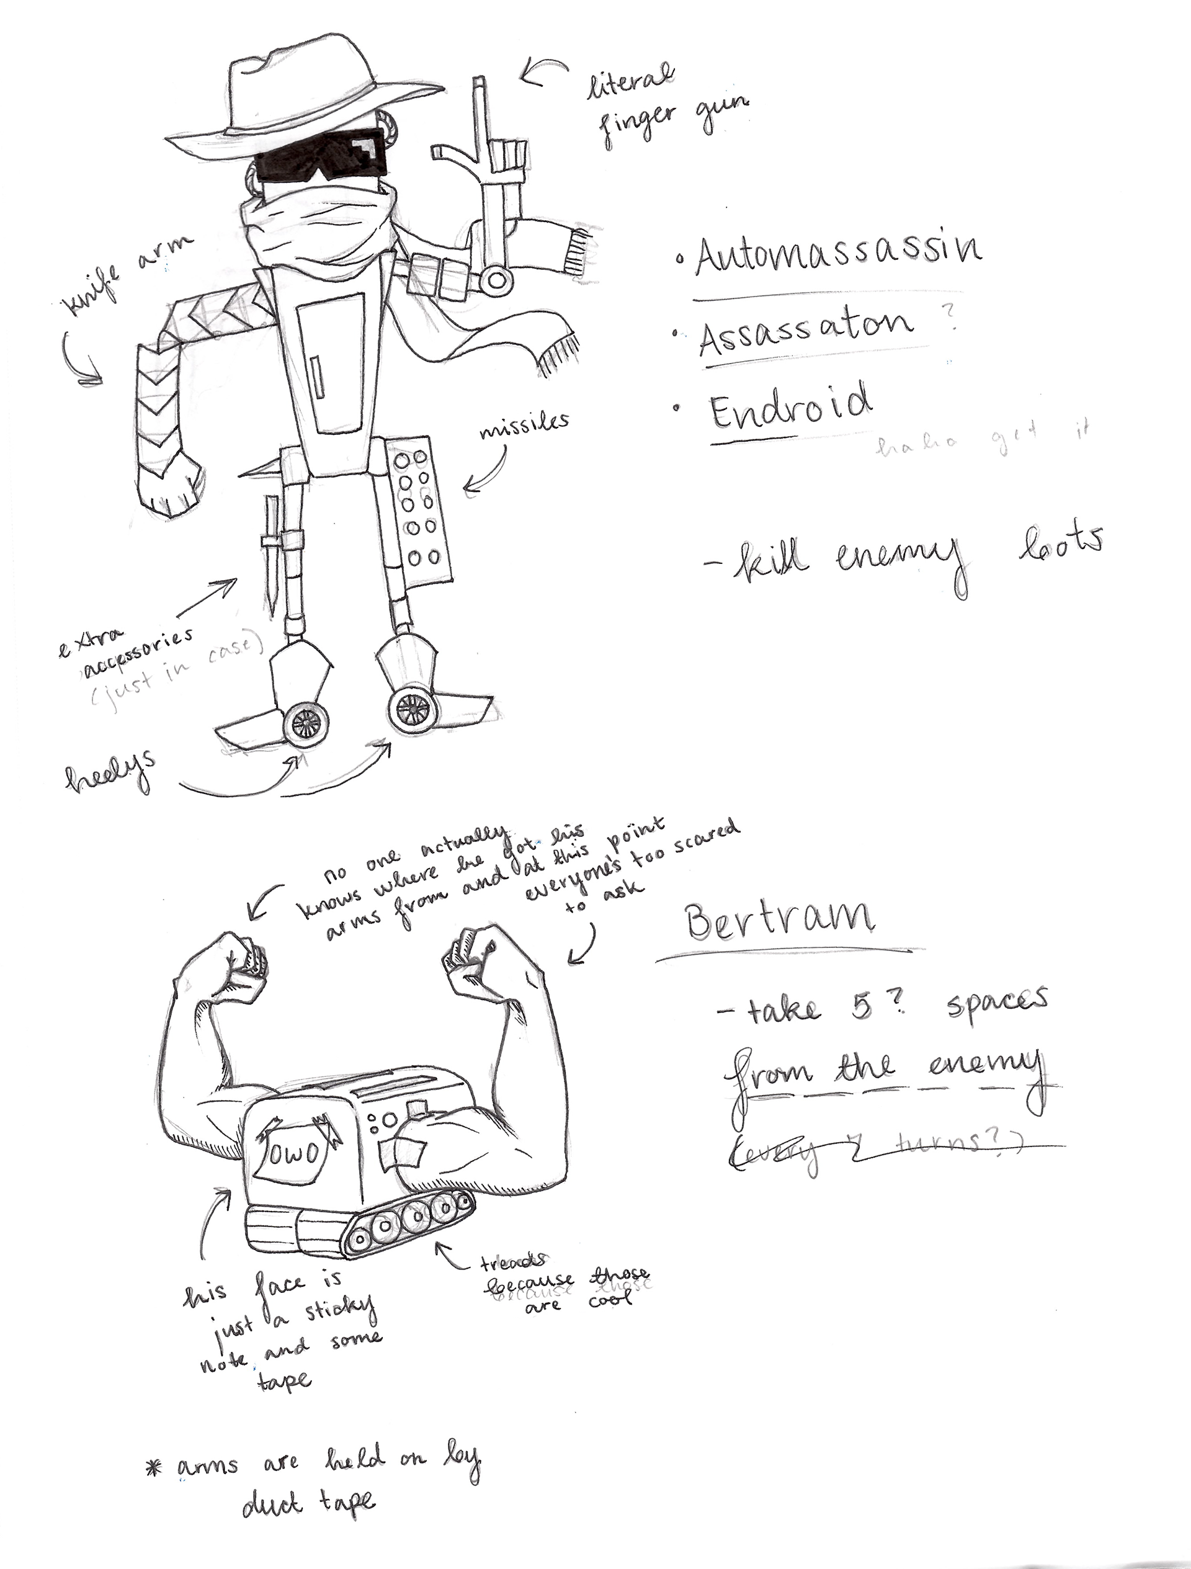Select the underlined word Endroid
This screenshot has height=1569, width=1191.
[x=790, y=406]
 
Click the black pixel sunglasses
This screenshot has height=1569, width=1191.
[x=323, y=160]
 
